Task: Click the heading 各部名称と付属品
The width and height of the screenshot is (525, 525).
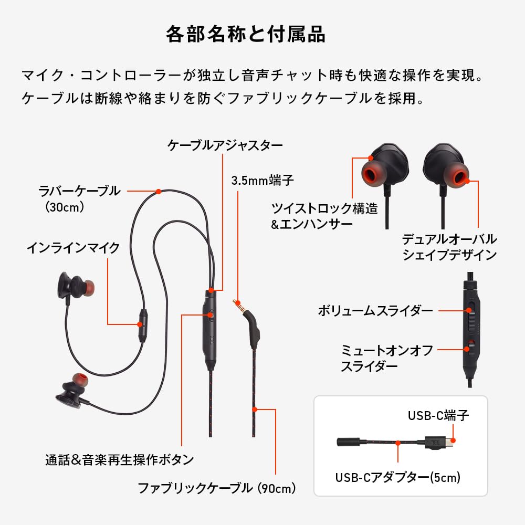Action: [246, 35]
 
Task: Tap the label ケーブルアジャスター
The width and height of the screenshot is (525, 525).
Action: [225, 145]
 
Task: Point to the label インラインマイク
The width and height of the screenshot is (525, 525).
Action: [73, 248]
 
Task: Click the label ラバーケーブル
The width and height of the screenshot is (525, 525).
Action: [80, 191]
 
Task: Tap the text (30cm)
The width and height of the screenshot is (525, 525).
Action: [65, 207]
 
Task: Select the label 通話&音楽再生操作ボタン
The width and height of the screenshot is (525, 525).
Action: [120, 460]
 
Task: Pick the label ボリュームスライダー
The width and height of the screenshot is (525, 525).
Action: [375, 311]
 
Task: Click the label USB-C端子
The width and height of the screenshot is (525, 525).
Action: [438, 416]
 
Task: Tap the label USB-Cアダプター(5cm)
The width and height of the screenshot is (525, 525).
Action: [397, 477]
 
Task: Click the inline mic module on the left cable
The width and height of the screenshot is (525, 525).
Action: [143, 324]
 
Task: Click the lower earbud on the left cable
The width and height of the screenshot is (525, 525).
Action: [71, 391]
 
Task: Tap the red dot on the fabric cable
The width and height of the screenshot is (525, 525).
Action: [255, 408]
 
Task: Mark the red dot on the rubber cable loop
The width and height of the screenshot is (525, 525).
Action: [159, 192]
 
